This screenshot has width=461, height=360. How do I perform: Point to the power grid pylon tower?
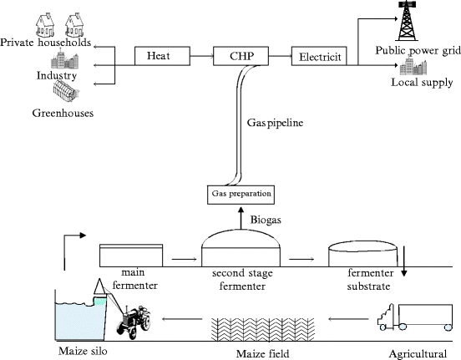(x=408, y=21)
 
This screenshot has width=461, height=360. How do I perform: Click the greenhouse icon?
(x=66, y=92)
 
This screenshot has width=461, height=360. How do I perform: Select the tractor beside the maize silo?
(x=134, y=322)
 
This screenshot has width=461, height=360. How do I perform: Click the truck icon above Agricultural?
(x=415, y=317)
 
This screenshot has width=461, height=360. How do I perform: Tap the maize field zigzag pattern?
(x=263, y=330)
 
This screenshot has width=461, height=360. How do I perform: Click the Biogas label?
(x=266, y=220)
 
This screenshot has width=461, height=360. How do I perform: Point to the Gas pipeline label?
(x=275, y=122)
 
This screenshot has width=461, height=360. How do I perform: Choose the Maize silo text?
(x=83, y=351)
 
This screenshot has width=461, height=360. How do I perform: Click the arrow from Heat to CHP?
(x=202, y=56)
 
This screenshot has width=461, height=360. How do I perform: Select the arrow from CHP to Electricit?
(x=280, y=56)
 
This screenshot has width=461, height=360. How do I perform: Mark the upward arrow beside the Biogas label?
(x=241, y=218)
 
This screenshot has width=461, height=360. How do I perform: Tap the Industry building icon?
(x=64, y=60)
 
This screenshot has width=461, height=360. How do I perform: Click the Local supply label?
(x=422, y=82)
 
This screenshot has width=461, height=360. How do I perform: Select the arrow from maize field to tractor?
(x=182, y=319)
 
